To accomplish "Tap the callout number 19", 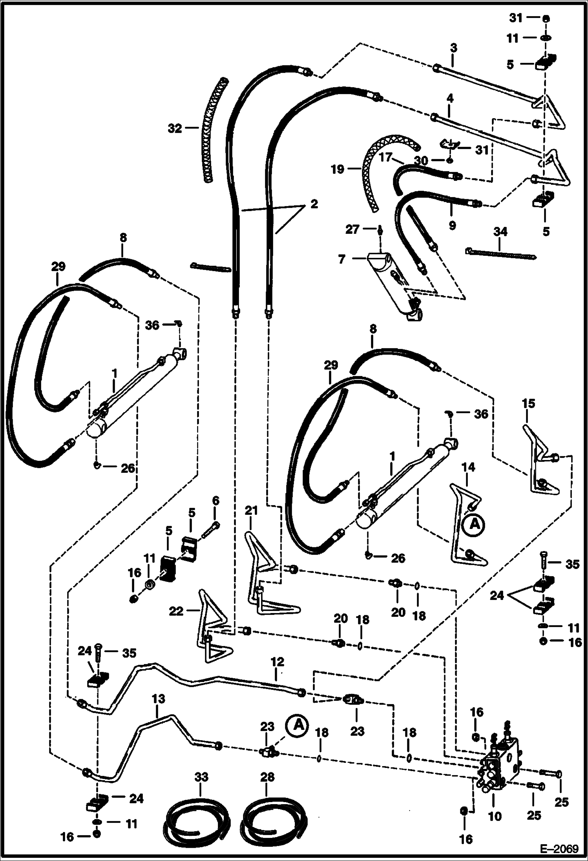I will point(338,170).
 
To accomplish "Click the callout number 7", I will point(341,259).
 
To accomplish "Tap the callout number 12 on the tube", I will point(277,662).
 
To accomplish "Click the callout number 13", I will point(158,699).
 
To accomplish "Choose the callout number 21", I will point(251,511).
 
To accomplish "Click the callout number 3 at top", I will point(453,48).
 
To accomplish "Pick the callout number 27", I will point(352,229).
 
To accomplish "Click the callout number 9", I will point(452,226).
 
